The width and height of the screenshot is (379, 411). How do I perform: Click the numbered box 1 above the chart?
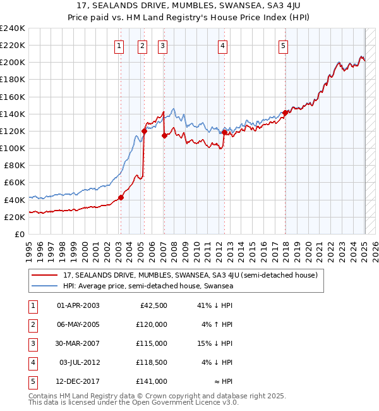119,45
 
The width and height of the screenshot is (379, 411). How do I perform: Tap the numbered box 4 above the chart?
223,45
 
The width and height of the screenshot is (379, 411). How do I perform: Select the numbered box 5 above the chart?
282,45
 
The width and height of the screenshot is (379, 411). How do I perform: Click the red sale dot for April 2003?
121,197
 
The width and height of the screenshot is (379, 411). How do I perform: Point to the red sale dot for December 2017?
285,113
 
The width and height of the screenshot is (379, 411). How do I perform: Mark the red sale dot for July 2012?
224,132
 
